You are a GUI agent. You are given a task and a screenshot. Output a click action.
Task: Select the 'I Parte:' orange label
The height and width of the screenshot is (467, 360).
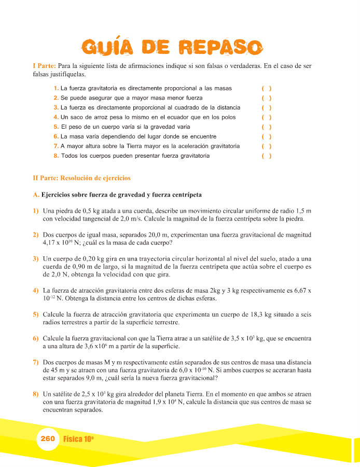44,66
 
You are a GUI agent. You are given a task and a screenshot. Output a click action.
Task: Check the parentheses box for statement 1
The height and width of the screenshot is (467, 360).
267,88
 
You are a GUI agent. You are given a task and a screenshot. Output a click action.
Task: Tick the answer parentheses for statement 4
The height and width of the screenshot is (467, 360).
267,117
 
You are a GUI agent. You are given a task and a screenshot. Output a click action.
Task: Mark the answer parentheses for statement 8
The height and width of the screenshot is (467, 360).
267,156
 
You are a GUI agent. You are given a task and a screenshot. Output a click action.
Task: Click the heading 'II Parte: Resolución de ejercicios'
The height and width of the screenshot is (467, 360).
81,178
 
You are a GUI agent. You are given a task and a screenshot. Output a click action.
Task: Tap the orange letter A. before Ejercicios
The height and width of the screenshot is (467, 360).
35,195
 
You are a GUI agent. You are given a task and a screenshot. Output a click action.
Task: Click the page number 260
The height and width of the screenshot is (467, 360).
47,438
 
